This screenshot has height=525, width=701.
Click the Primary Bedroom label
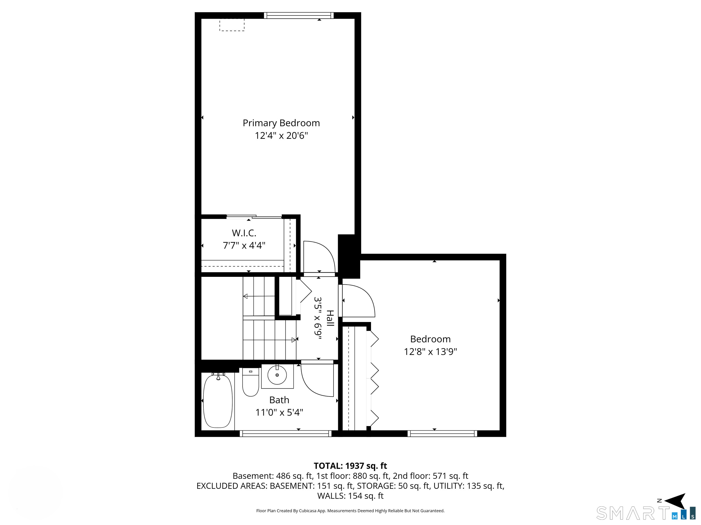click(x=281, y=123)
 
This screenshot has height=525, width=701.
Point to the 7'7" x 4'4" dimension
click(x=244, y=245)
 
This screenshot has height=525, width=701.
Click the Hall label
click(x=330, y=318)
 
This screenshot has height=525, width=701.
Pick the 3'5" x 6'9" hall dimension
click(x=318, y=318)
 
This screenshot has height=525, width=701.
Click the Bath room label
click(x=279, y=400)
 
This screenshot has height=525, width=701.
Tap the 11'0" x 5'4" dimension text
click(x=279, y=412)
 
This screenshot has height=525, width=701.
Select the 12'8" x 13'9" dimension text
click(x=430, y=352)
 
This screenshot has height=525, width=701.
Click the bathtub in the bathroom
click(x=217, y=401)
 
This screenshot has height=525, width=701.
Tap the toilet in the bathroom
click(x=250, y=382)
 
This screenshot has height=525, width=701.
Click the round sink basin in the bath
click(x=277, y=375)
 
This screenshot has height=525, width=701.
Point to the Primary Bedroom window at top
click(x=299, y=15)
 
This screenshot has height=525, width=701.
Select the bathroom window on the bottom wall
click(x=285, y=434)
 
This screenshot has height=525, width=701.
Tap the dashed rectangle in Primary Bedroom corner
click(x=232, y=25)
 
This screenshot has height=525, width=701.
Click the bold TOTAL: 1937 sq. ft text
click(x=350, y=466)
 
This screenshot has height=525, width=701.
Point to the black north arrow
click(x=676, y=501)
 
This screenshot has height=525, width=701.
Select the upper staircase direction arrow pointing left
click(x=259, y=296)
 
